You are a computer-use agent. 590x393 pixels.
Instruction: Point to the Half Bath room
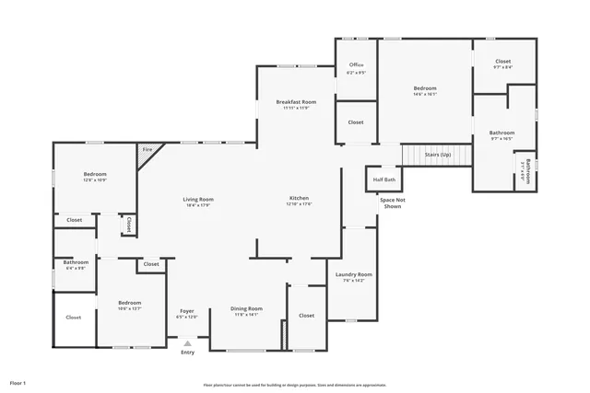(x=383, y=179)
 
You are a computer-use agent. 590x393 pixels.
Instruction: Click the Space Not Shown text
(x=392, y=203)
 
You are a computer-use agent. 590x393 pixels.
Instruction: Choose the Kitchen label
(x=299, y=200)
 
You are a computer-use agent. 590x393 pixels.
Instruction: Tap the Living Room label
(x=197, y=201)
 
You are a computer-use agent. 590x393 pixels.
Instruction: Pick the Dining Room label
(x=247, y=310)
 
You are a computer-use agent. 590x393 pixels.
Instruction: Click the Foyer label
(x=186, y=312)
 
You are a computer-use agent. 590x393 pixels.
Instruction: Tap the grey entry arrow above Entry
(x=187, y=343)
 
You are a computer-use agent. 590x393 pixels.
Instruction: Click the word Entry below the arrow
(x=187, y=353)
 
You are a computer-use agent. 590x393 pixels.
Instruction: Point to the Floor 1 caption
(x=18, y=382)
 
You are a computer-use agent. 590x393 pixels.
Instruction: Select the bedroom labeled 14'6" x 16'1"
(x=424, y=90)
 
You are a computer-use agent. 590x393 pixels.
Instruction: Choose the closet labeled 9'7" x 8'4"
(x=502, y=64)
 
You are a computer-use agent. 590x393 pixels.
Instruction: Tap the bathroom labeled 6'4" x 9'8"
(x=76, y=264)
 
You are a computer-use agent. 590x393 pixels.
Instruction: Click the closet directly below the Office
(x=355, y=121)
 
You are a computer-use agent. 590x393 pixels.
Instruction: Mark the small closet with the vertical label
(x=129, y=225)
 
